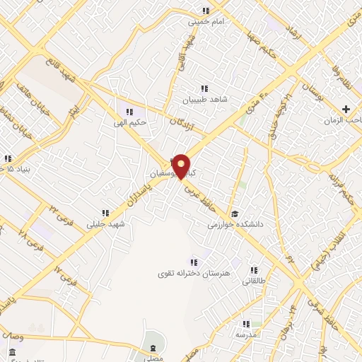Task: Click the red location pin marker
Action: point(182,165)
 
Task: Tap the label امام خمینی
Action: point(205,22)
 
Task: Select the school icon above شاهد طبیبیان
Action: point(204,89)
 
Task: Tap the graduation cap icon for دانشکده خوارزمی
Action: point(234,214)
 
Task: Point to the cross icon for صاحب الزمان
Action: point(346,109)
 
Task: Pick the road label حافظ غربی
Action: point(202,194)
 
